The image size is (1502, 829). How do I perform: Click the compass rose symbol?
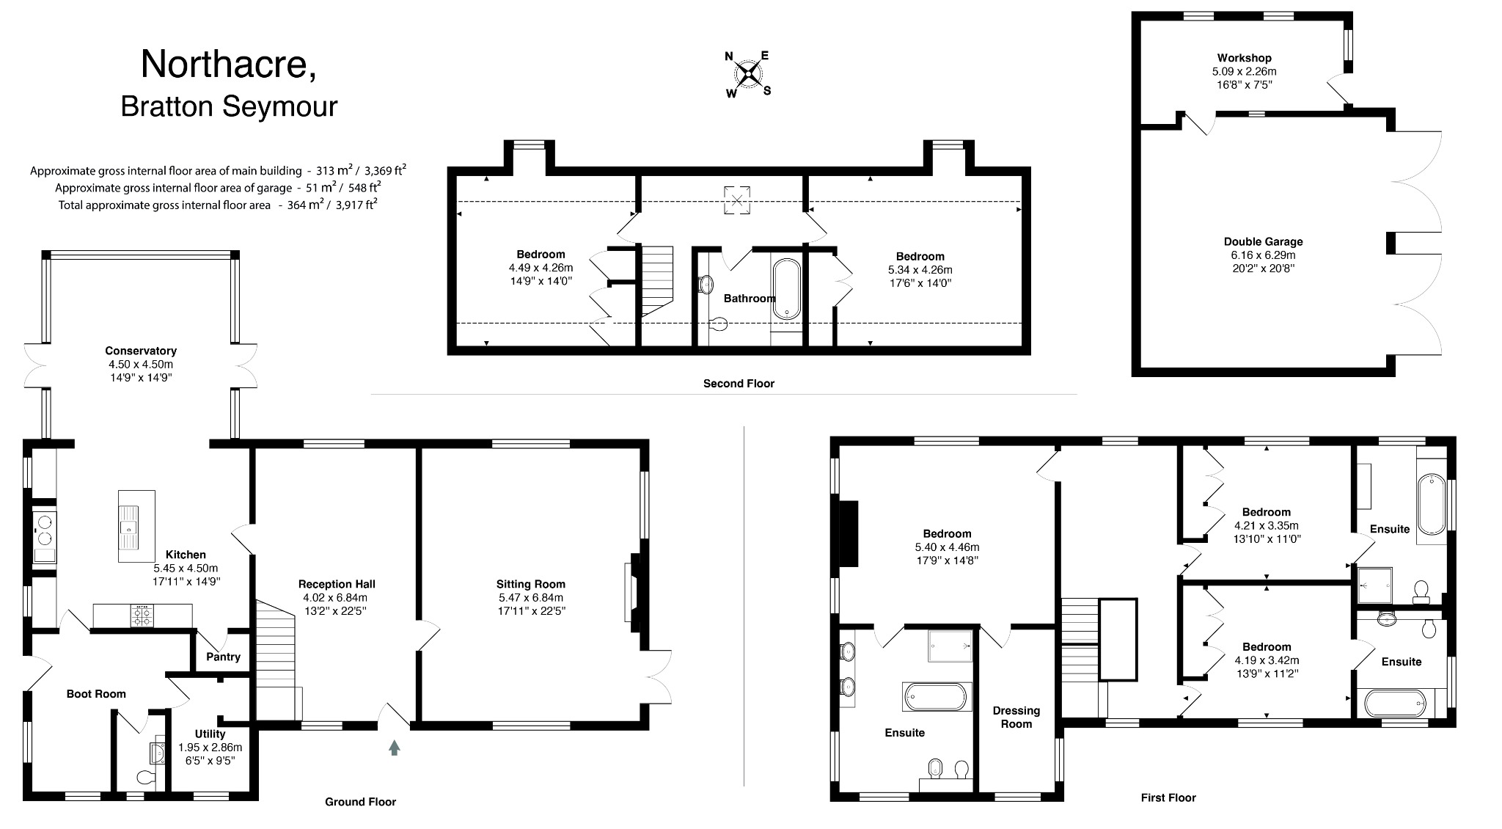coord(748,73)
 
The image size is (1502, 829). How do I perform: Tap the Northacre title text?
coord(228,64)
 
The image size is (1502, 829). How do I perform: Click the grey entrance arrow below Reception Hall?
coord(395,748)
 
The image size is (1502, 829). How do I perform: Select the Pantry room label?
coord(223,657)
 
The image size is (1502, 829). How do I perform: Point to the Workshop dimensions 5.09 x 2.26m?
coord(1244,71)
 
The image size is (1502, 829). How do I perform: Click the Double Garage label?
coord(1263,241)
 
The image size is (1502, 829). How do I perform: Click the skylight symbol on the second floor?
coord(738,200)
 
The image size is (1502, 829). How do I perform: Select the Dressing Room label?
coord(1016,717)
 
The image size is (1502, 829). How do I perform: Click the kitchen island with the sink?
coord(136,526)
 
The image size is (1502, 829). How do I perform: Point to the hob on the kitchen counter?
coord(142,616)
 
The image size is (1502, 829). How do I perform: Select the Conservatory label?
coord(141,351)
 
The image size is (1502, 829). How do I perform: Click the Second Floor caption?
coord(739,383)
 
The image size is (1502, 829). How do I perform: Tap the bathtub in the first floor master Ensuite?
coord(936,696)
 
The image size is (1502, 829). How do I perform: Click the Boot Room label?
coord(96,693)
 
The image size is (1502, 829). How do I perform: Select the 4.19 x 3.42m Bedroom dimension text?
coord(1267,660)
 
